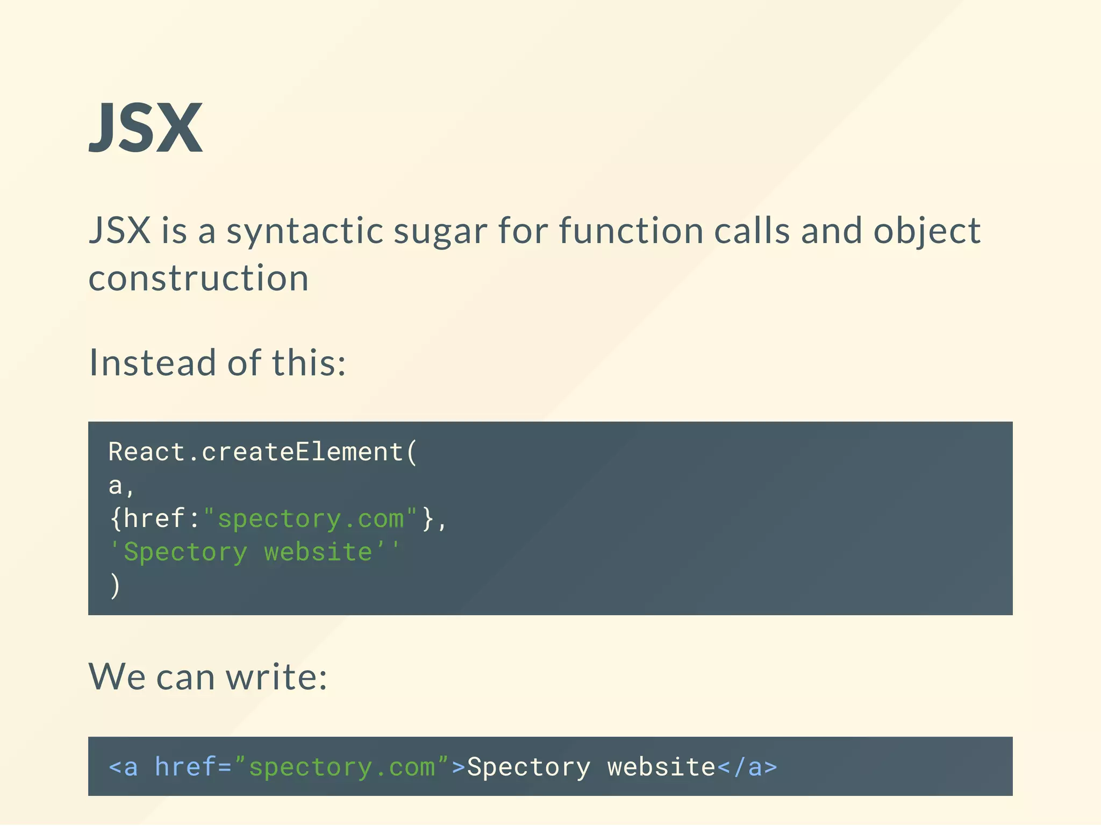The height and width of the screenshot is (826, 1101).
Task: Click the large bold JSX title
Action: (146, 128)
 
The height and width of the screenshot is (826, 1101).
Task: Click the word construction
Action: (198, 279)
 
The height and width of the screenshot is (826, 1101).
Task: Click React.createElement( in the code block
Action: (263, 452)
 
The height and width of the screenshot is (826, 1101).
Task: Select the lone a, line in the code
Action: (121, 486)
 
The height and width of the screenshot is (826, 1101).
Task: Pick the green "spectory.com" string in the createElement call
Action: (310, 519)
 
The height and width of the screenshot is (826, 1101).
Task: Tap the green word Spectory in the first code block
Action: (185, 552)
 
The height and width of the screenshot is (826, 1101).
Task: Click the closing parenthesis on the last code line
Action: (115, 586)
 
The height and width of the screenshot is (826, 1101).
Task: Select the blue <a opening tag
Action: (123, 767)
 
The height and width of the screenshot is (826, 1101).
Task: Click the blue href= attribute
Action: (193, 767)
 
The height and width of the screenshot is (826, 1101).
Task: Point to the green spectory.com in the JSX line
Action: (342, 767)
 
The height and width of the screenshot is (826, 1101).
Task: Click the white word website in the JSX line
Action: (661, 767)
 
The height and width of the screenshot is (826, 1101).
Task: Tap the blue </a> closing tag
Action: (747, 767)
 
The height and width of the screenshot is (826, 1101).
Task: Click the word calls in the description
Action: (752, 230)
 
